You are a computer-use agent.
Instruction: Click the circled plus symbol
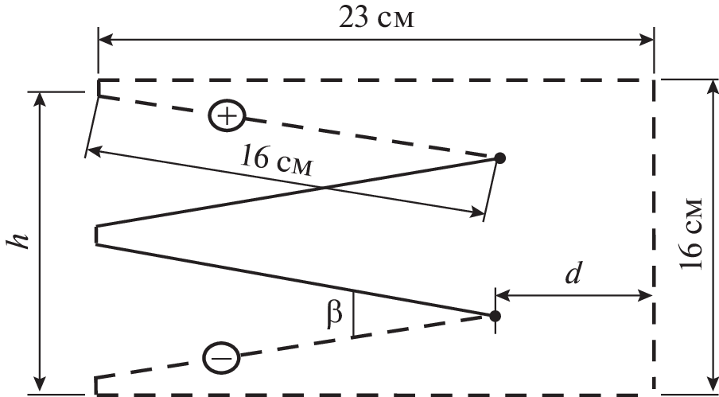coord(227,116)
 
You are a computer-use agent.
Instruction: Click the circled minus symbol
coord(221,357)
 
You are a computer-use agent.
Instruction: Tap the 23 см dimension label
coord(376,19)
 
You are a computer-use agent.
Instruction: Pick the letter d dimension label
coord(573,274)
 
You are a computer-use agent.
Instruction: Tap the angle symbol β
coord(335,313)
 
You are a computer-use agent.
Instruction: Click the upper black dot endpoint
coord(499,158)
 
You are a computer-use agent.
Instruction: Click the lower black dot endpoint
coord(495,316)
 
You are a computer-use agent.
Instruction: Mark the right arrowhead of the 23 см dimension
coord(647,40)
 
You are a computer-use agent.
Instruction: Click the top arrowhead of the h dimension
coord(41,99)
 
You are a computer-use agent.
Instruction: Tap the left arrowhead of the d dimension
coord(503,296)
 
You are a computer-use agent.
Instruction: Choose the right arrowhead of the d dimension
coord(645,296)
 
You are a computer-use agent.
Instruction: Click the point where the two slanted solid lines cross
coord(325,188)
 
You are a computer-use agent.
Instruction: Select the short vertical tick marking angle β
coord(353,313)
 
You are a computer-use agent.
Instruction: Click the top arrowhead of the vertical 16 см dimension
coord(712,87)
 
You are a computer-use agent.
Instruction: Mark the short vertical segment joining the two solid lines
coord(96,235)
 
